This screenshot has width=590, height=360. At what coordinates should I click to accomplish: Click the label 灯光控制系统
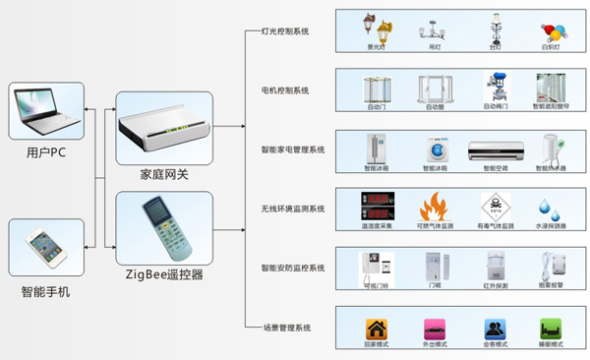click(284, 31)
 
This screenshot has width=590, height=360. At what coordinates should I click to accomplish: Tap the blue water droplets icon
click(548, 209)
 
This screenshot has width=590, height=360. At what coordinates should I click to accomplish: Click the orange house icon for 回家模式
click(377, 328)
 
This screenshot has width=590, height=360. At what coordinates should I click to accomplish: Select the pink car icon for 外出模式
click(434, 328)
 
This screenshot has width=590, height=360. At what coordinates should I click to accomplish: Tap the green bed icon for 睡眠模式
click(550, 328)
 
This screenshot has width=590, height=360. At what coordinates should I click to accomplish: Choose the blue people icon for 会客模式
click(494, 328)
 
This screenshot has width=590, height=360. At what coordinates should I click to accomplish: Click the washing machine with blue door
click(434, 150)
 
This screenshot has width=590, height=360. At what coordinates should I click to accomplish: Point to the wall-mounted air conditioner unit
click(491, 150)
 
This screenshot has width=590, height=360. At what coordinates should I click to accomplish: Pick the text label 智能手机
click(46, 292)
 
